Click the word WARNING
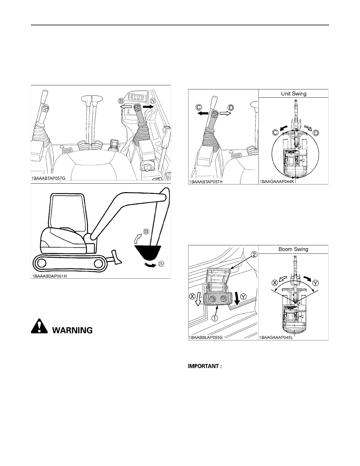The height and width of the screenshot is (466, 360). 72,330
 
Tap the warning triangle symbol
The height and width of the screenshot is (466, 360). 39,327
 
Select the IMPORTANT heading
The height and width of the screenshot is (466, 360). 204,366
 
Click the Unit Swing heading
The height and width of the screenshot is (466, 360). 293,94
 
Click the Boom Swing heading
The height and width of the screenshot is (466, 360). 293,249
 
